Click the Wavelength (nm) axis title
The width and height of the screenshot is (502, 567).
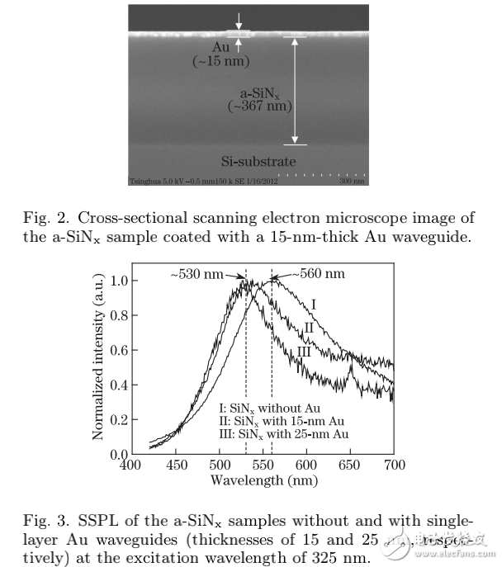(x=262, y=480)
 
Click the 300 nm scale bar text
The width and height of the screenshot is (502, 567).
(x=353, y=181)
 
